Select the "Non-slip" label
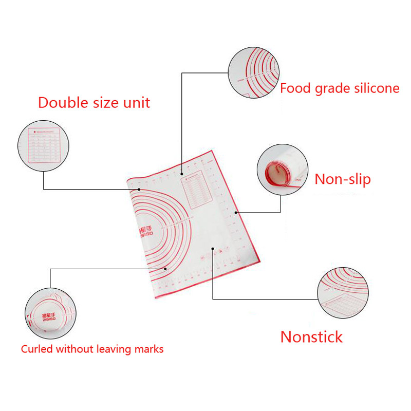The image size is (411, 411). pos(342,179)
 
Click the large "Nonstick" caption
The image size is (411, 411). pos(311,337)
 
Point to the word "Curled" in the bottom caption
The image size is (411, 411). pos(37,349)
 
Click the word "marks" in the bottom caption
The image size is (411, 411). pos(147,349)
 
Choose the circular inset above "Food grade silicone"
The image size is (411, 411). pos(253,72)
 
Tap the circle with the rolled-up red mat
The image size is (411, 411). pos(282,169)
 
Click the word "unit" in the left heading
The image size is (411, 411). pos(136,102)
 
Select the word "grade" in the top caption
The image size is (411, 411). pos(330,89)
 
